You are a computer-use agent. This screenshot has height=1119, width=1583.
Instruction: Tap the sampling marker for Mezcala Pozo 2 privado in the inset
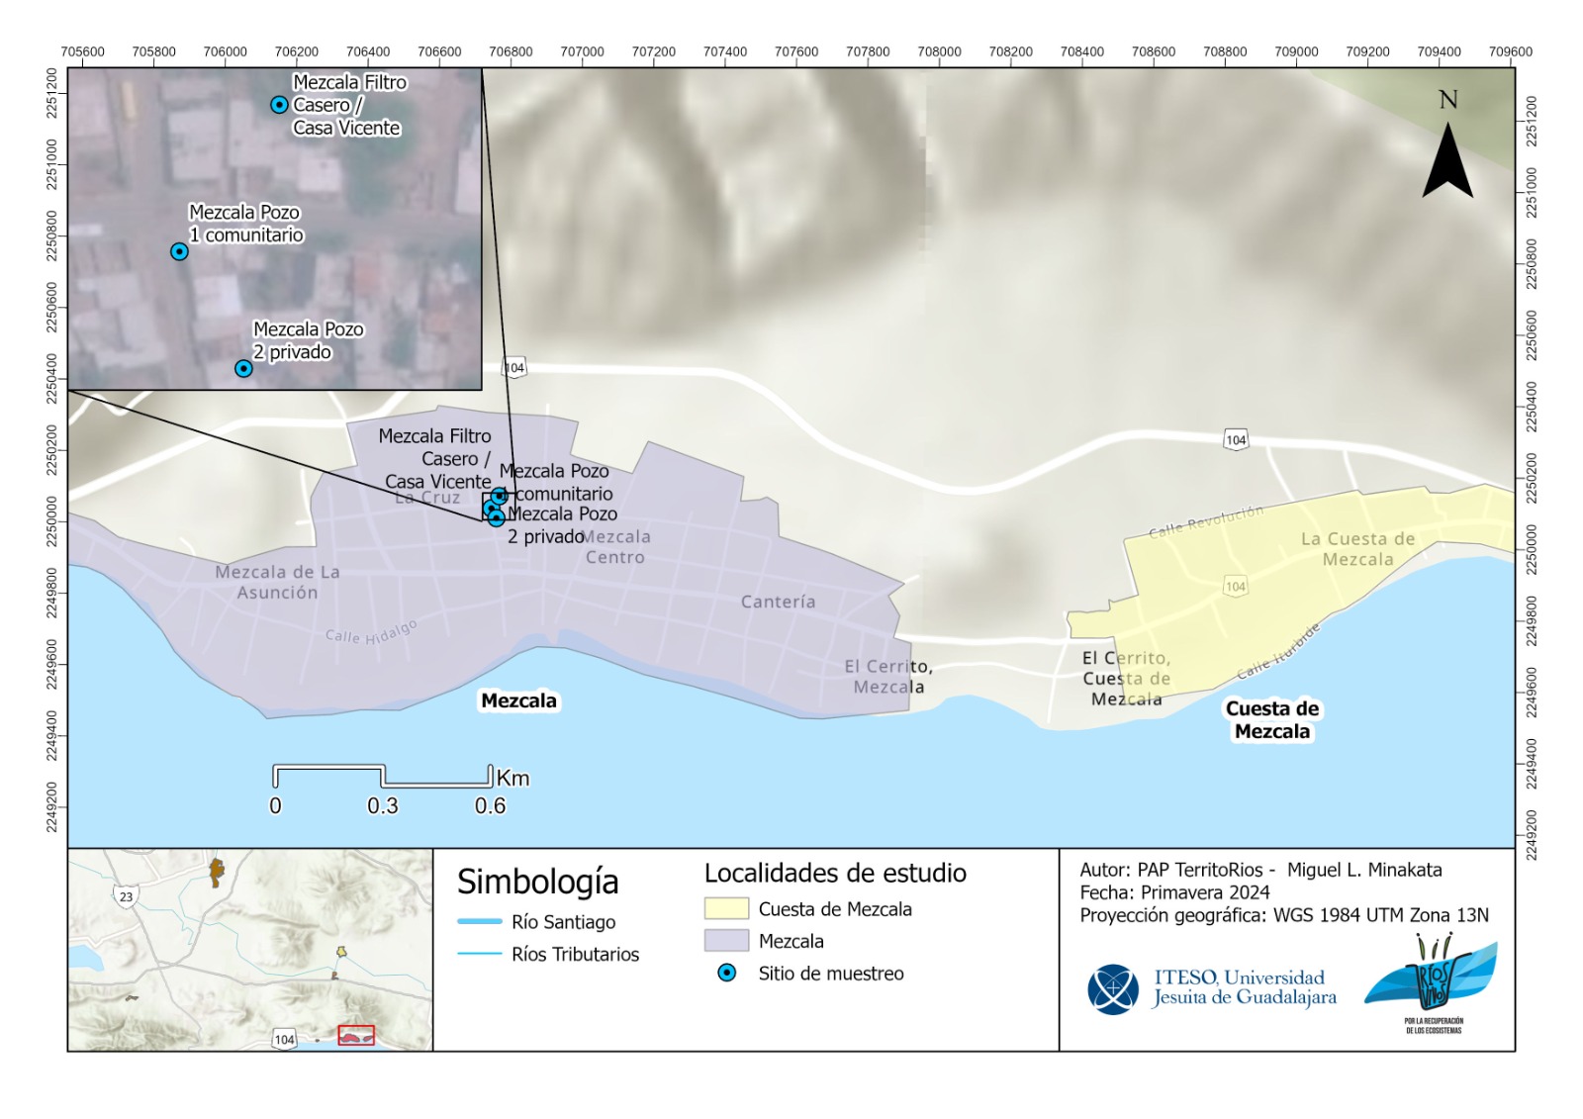[x=243, y=369]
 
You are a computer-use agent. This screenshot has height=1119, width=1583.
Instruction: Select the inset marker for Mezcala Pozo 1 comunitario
[x=179, y=251]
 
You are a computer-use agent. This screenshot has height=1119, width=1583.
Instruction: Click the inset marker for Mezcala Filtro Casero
[x=280, y=105]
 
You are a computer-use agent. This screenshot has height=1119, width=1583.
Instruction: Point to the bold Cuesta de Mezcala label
[x=1272, y=720]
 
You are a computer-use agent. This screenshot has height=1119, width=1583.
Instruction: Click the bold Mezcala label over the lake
[x=518, y=700]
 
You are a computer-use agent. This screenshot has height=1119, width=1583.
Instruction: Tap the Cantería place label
[x=779, y=602]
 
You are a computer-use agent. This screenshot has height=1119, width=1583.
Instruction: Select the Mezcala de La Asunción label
[x=277, y=582]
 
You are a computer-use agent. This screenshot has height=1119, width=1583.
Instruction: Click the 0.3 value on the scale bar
[x=383, y=806]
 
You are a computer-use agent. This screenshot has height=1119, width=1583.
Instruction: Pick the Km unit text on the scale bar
[x=512, y=779]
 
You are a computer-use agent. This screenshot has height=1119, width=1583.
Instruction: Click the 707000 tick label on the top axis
[x=582, y=51]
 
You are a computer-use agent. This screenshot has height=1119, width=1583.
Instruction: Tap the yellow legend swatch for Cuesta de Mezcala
[x=726, y=908]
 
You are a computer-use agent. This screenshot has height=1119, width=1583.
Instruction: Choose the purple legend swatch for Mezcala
[x=726, y=940]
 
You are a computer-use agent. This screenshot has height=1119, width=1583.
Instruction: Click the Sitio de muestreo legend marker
[x=727, y=973]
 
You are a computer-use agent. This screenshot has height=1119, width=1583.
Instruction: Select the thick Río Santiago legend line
[x=480, y=922]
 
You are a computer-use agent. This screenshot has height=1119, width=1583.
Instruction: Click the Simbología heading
[x=537, y=881]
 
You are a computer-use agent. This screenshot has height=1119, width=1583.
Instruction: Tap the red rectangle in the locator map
[x=356, y=1035]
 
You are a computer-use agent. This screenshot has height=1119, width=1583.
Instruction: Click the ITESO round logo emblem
[x=1113, y=989]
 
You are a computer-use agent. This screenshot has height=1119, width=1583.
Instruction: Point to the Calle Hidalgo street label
[x=371, y=632]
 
